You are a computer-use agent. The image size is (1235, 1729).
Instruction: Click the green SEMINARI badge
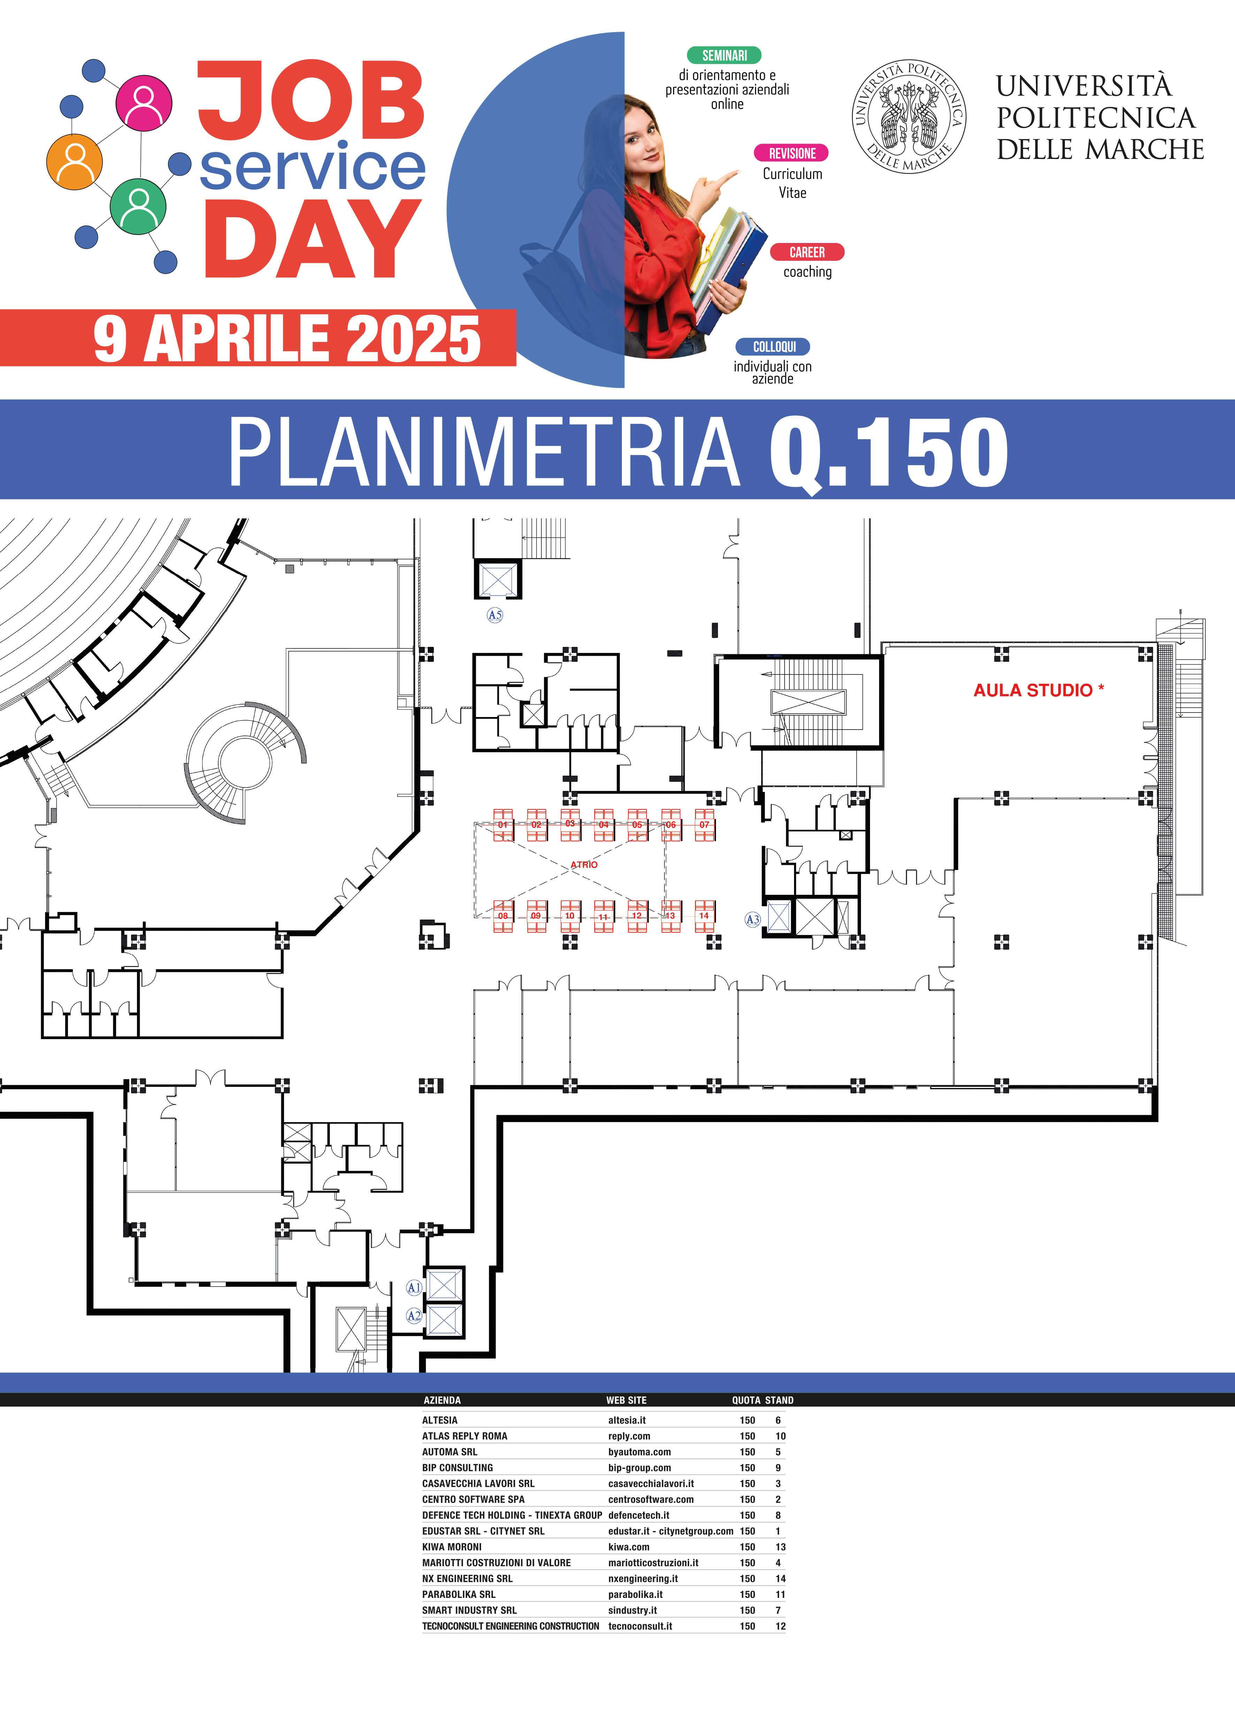click(x=724, y=55)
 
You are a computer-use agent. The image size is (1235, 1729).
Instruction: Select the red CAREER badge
click(x=807, y=252)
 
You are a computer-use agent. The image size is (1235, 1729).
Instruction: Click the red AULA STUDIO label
click(x=1039, y=691)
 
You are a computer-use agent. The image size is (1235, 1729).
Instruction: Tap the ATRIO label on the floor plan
click(x=584, y=864)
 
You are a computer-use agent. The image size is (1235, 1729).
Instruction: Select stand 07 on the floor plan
click(x=704, y=825)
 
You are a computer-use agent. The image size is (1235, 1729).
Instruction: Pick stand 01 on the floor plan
click(x=503, y=825)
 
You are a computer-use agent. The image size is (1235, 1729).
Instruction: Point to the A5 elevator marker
click(x=495, y=615)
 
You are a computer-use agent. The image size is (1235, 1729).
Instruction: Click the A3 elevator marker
click(x=752, y=919)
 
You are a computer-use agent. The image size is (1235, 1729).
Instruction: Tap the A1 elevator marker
click(x=414, y=1287)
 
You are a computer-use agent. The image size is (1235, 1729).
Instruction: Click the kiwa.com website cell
click(x=629, y=1547)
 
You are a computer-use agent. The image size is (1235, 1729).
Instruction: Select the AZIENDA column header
click(x=442, y=1400)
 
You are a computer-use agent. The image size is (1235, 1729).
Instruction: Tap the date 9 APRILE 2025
click(x=288, y=338)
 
